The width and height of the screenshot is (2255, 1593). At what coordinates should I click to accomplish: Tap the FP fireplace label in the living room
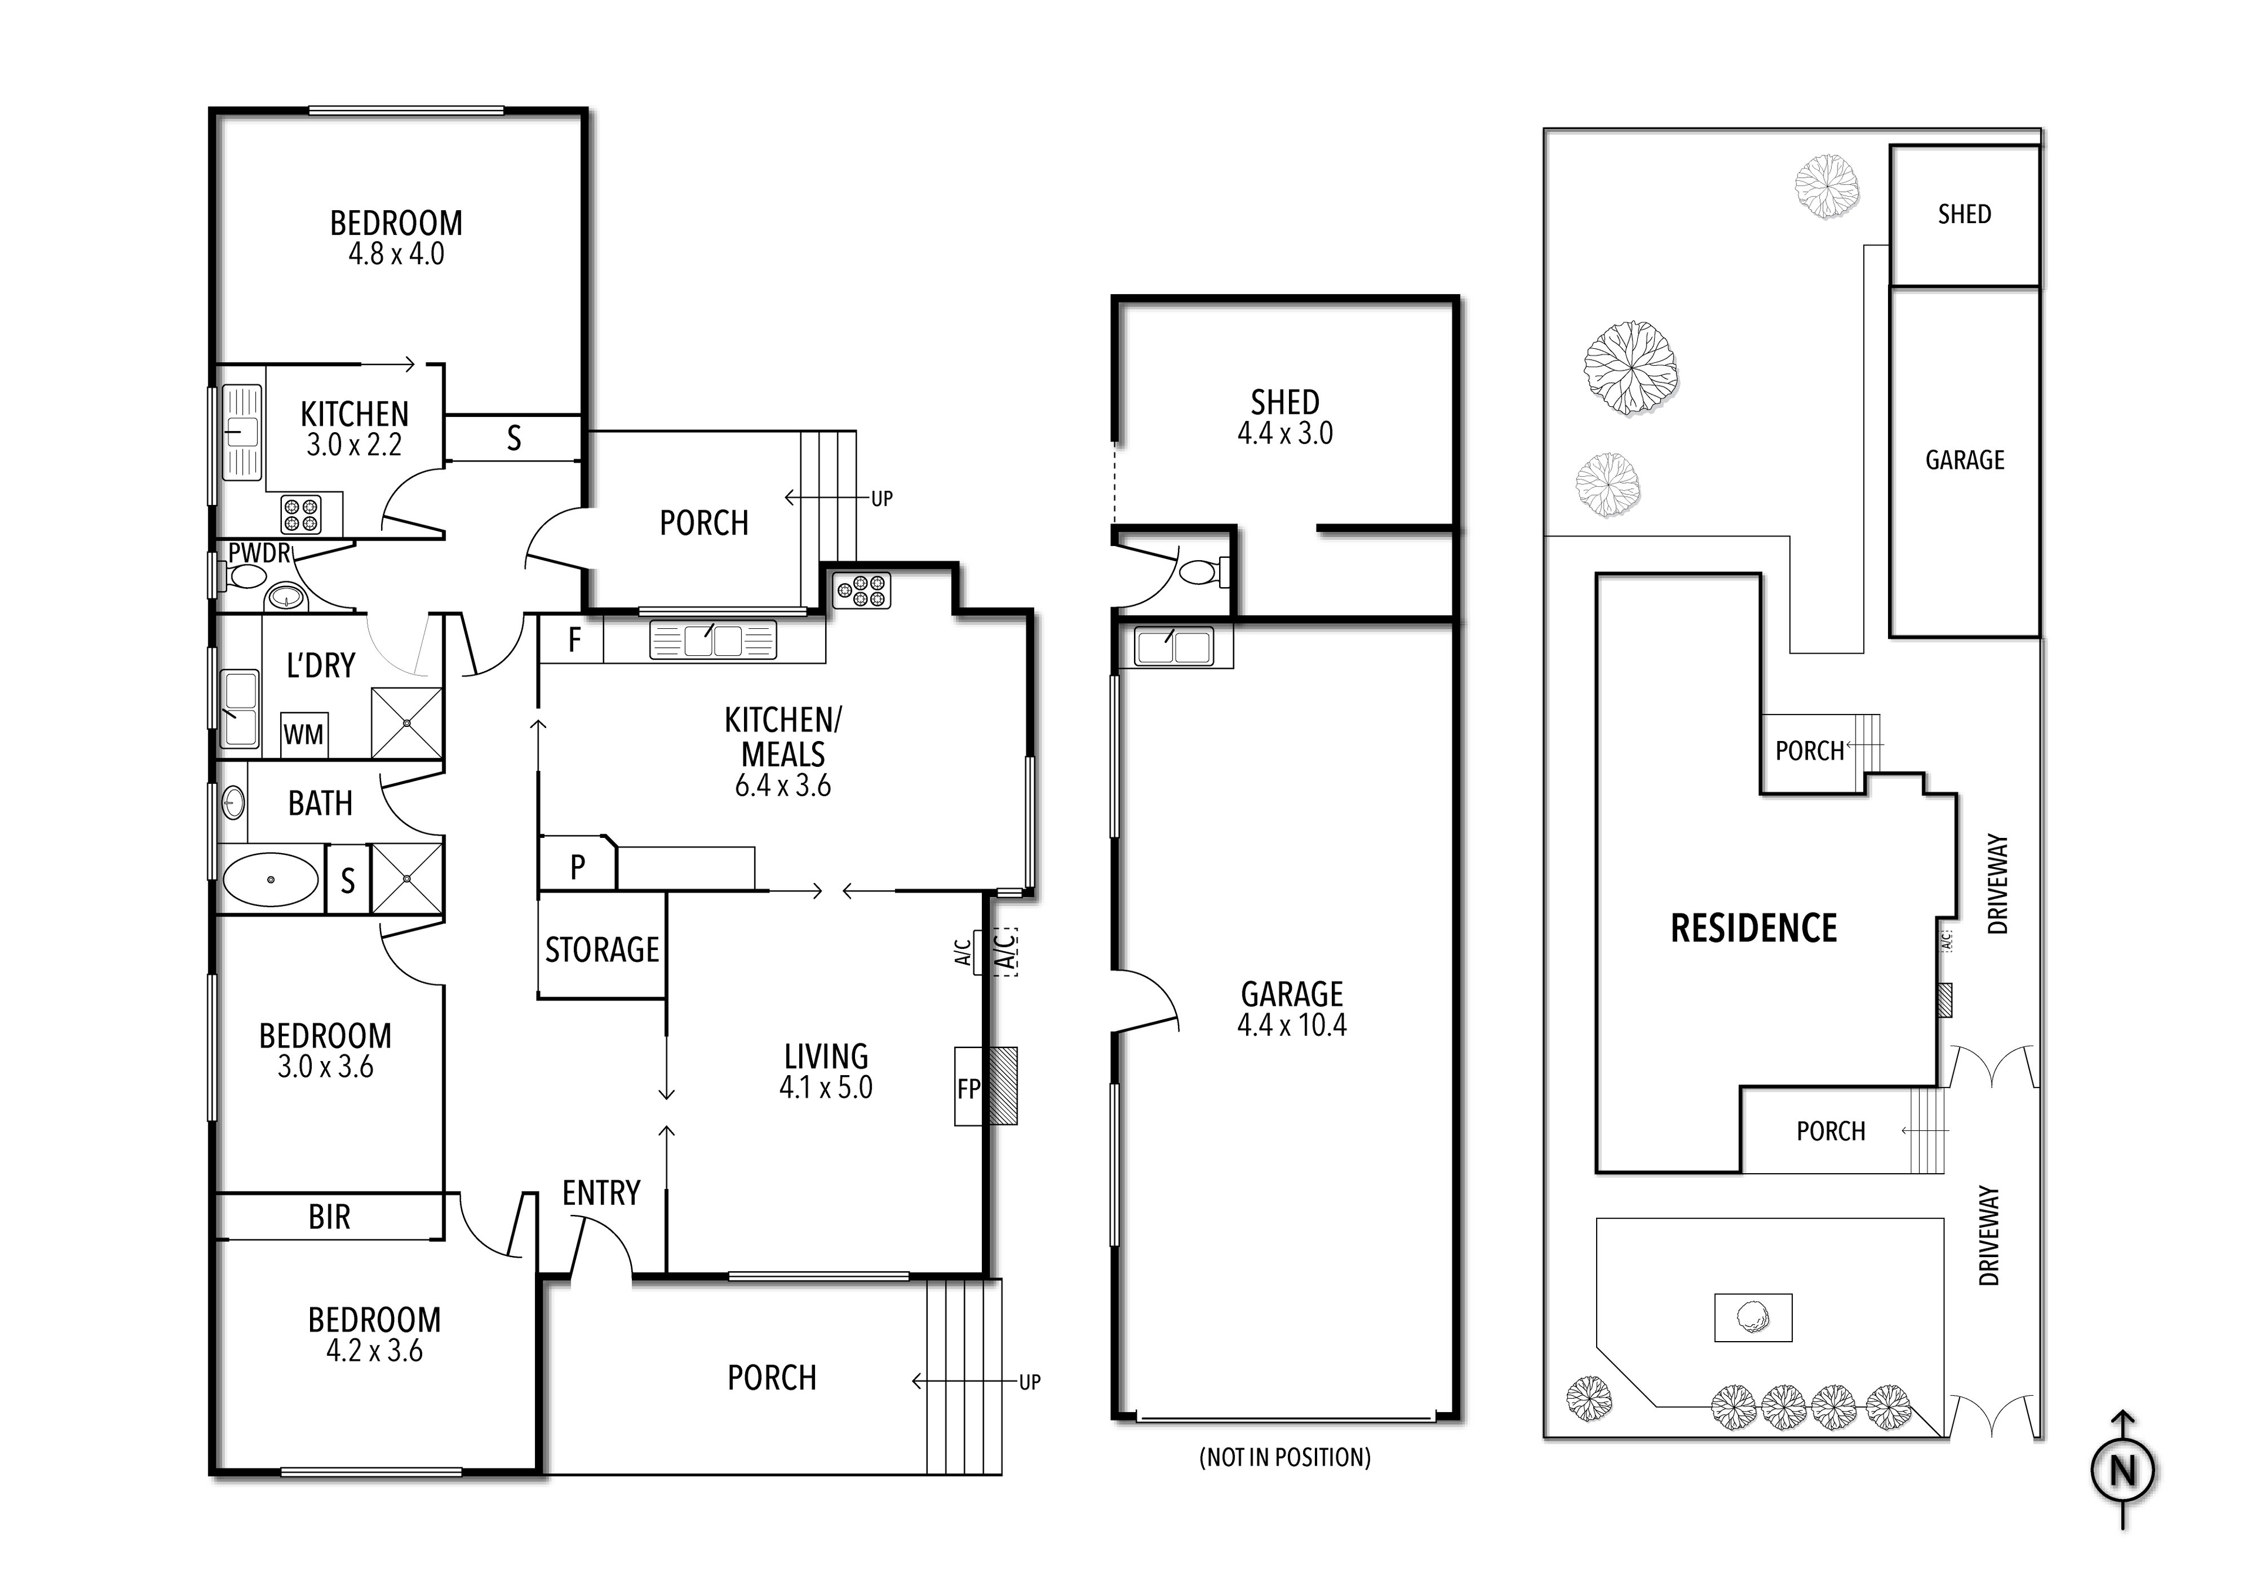tap(968, 1088)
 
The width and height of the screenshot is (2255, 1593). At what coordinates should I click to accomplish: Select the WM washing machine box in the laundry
tap(304, 735)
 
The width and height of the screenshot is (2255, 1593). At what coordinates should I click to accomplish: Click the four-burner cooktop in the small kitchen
tap(301, 514)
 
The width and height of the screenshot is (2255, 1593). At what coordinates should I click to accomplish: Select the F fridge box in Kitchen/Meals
tap(574, 641)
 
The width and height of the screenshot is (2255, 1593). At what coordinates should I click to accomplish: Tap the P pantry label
tap(577, 866)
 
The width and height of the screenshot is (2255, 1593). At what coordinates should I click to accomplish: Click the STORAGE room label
tap(602, 949)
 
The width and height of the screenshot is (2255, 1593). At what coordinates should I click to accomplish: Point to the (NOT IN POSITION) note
tap(1285, 1457)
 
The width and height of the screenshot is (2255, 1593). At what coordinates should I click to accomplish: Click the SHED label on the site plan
tap(1964, 214)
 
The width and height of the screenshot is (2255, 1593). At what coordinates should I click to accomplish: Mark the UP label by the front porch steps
tap(1029, 1382)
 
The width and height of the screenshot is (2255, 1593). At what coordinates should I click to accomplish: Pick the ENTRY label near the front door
tap(601, 1193)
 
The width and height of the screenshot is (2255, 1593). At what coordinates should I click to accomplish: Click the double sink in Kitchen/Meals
tap(713, 641)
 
